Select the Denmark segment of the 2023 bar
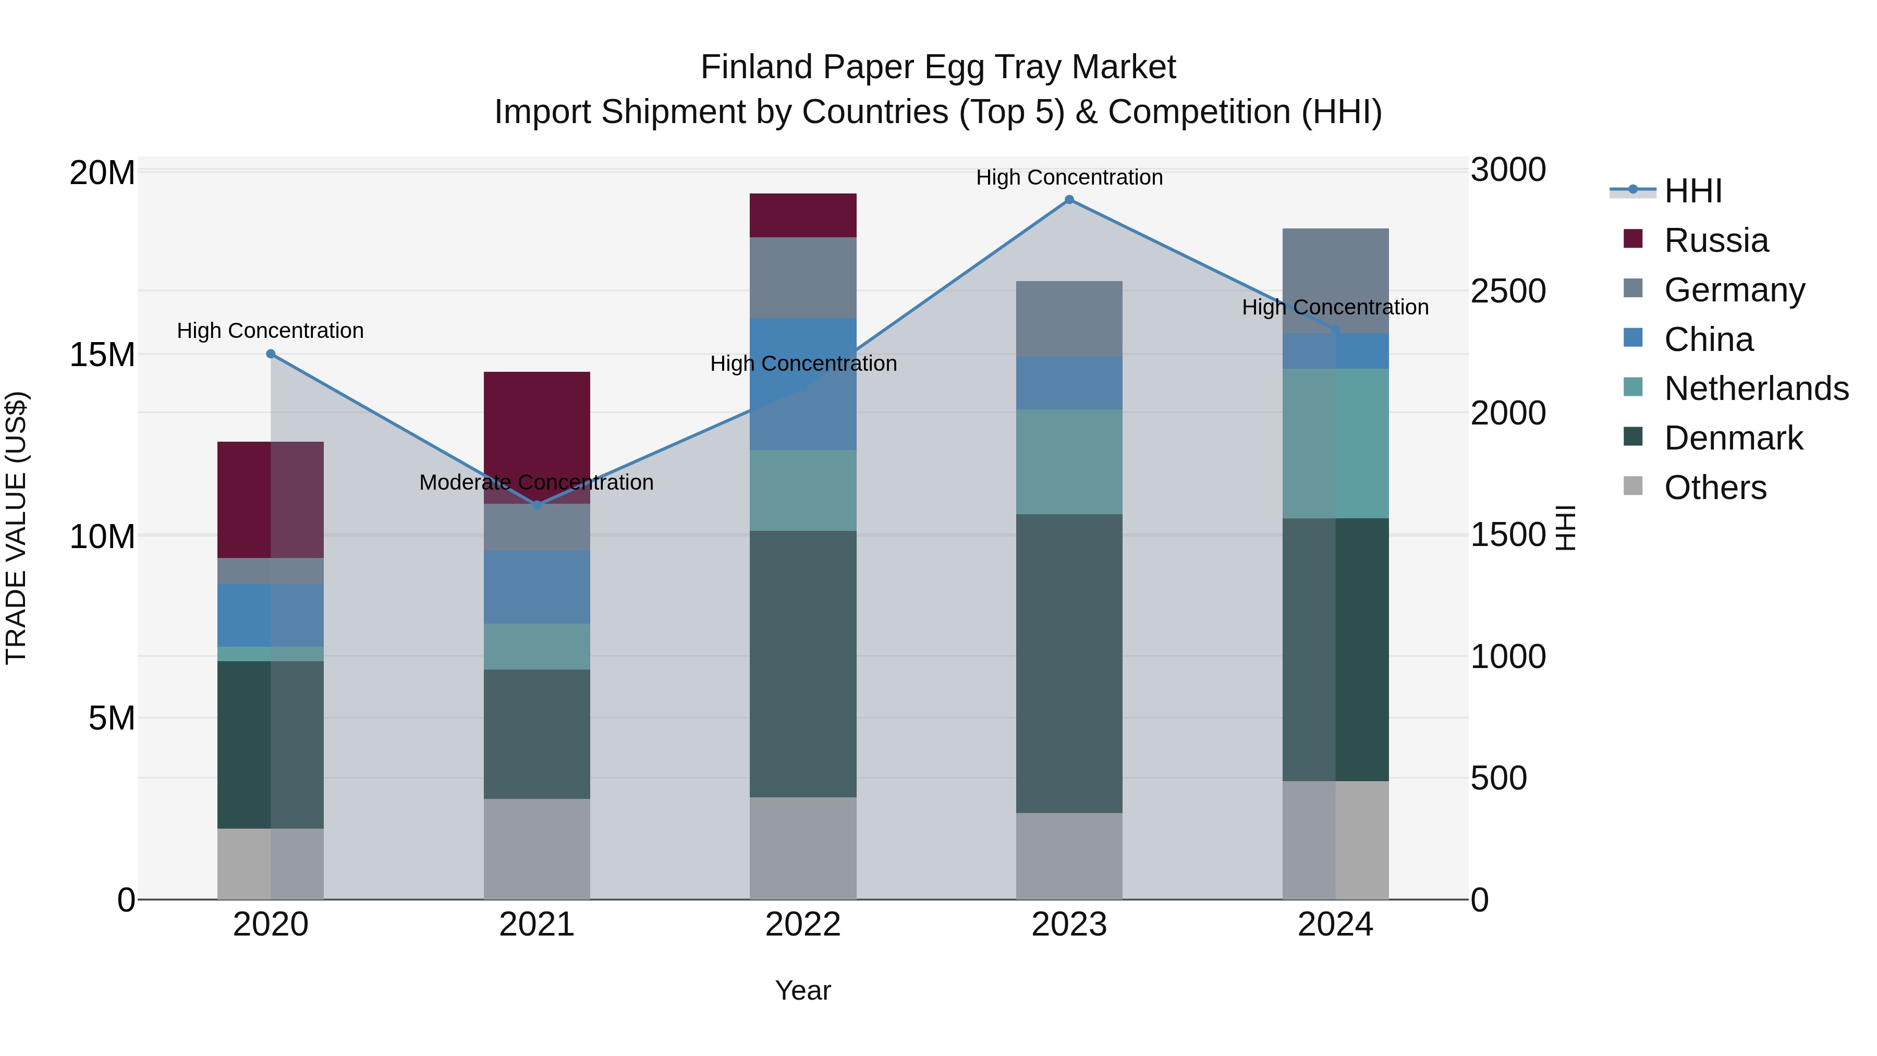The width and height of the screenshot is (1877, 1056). [1069, 663]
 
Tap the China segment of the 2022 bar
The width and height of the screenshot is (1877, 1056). [803, 384]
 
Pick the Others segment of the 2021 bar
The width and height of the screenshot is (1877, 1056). [537, 849]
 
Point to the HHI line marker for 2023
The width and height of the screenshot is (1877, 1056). [1069, 200]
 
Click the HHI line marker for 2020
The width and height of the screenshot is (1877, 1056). [270, 354]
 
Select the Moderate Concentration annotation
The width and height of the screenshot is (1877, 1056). [537, 482]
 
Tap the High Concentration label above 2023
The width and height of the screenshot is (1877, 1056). [1069, 177]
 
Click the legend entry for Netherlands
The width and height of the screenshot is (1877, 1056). [1756, 389]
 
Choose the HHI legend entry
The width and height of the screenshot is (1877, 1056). [1692, 191]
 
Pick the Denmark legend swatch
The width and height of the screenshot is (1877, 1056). [1634, 438]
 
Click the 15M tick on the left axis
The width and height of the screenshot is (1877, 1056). [102, 355]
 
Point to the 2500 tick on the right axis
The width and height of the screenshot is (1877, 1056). [1507, 291]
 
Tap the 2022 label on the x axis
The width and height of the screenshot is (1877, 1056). [803, 925]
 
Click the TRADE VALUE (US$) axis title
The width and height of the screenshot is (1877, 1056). [16, 528]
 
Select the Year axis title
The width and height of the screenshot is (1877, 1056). [803, 990]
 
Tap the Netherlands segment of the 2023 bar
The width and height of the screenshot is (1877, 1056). [1069, 462]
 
